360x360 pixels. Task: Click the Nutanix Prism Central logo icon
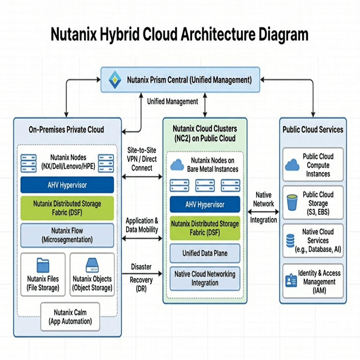115,79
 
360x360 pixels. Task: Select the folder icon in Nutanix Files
43,265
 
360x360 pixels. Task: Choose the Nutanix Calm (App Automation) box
70,316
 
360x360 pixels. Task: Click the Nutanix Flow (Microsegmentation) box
67,235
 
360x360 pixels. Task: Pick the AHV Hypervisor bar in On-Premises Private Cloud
67,185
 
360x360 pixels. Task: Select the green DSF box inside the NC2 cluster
205,228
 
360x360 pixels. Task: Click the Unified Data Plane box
205,253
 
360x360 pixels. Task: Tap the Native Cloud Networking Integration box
205,278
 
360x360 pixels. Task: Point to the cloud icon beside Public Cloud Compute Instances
292,165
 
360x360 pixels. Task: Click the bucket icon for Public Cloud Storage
292,203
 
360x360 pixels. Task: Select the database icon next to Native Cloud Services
290,241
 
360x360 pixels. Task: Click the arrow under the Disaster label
142,273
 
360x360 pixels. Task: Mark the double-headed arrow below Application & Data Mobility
142,239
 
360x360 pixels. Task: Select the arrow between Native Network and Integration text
263,212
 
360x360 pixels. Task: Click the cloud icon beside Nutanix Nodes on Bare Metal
177,165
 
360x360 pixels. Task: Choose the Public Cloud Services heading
313,129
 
